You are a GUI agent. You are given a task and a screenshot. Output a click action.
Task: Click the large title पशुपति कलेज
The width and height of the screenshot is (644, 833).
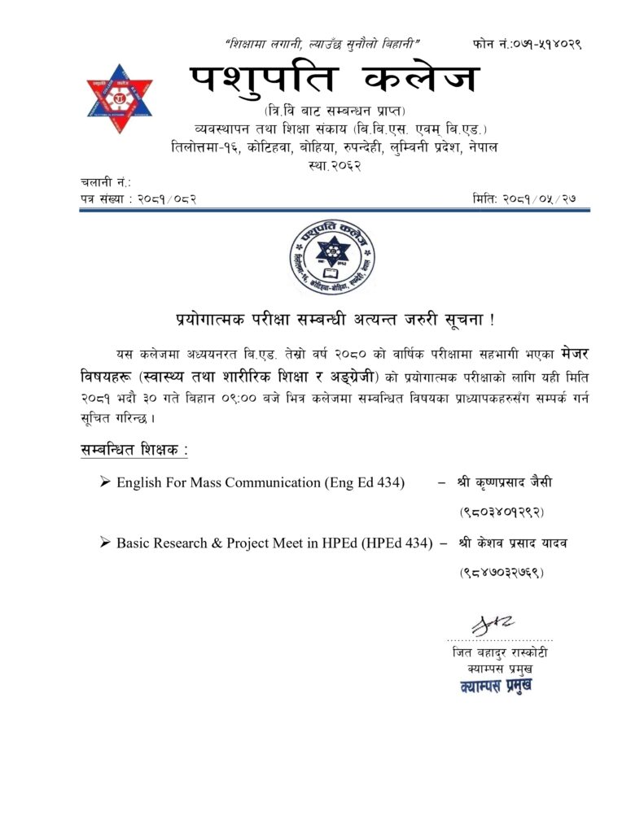(335, 81)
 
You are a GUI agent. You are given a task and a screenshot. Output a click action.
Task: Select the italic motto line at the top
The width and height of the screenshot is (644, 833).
(322, 42)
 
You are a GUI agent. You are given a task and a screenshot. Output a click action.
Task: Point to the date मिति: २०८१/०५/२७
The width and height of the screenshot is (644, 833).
(531, 198)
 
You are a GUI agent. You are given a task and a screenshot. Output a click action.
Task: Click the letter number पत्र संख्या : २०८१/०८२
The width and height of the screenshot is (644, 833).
(138, 198)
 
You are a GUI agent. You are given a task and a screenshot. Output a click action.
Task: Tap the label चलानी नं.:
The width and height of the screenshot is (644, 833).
(105, 182)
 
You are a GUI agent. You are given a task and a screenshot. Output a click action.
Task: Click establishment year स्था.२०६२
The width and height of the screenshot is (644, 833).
(335, 165)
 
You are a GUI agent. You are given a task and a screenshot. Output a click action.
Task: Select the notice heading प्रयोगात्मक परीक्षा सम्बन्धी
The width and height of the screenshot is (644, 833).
(335, 318)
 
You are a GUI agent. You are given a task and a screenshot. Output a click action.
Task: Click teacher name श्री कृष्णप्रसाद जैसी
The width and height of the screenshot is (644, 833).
(505, 482)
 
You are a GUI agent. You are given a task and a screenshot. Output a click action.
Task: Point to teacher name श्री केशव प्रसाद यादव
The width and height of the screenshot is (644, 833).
(512, 543)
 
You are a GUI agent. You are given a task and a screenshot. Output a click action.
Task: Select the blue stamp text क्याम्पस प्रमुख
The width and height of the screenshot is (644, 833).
(495, 685)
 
